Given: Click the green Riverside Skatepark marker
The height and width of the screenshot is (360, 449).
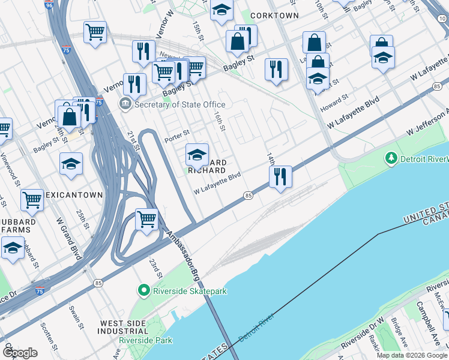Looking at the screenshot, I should point(144,291).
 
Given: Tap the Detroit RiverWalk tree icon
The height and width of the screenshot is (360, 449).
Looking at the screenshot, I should point(391,158).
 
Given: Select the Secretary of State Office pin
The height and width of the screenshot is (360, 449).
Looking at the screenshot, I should point(125,104).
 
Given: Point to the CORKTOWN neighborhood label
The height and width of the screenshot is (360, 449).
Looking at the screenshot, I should point(274,14).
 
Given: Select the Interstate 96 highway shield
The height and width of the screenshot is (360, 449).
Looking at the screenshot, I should point(49,5).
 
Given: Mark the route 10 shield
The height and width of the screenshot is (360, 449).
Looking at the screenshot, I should point(442,19).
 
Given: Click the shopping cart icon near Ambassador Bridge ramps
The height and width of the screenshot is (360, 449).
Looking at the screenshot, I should point(146,219).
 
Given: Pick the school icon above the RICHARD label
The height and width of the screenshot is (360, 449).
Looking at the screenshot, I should point(197,155).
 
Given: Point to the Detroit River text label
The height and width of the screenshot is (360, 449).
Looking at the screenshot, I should point(256,328).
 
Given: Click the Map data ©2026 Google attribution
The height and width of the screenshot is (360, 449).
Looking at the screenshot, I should point(412,355).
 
